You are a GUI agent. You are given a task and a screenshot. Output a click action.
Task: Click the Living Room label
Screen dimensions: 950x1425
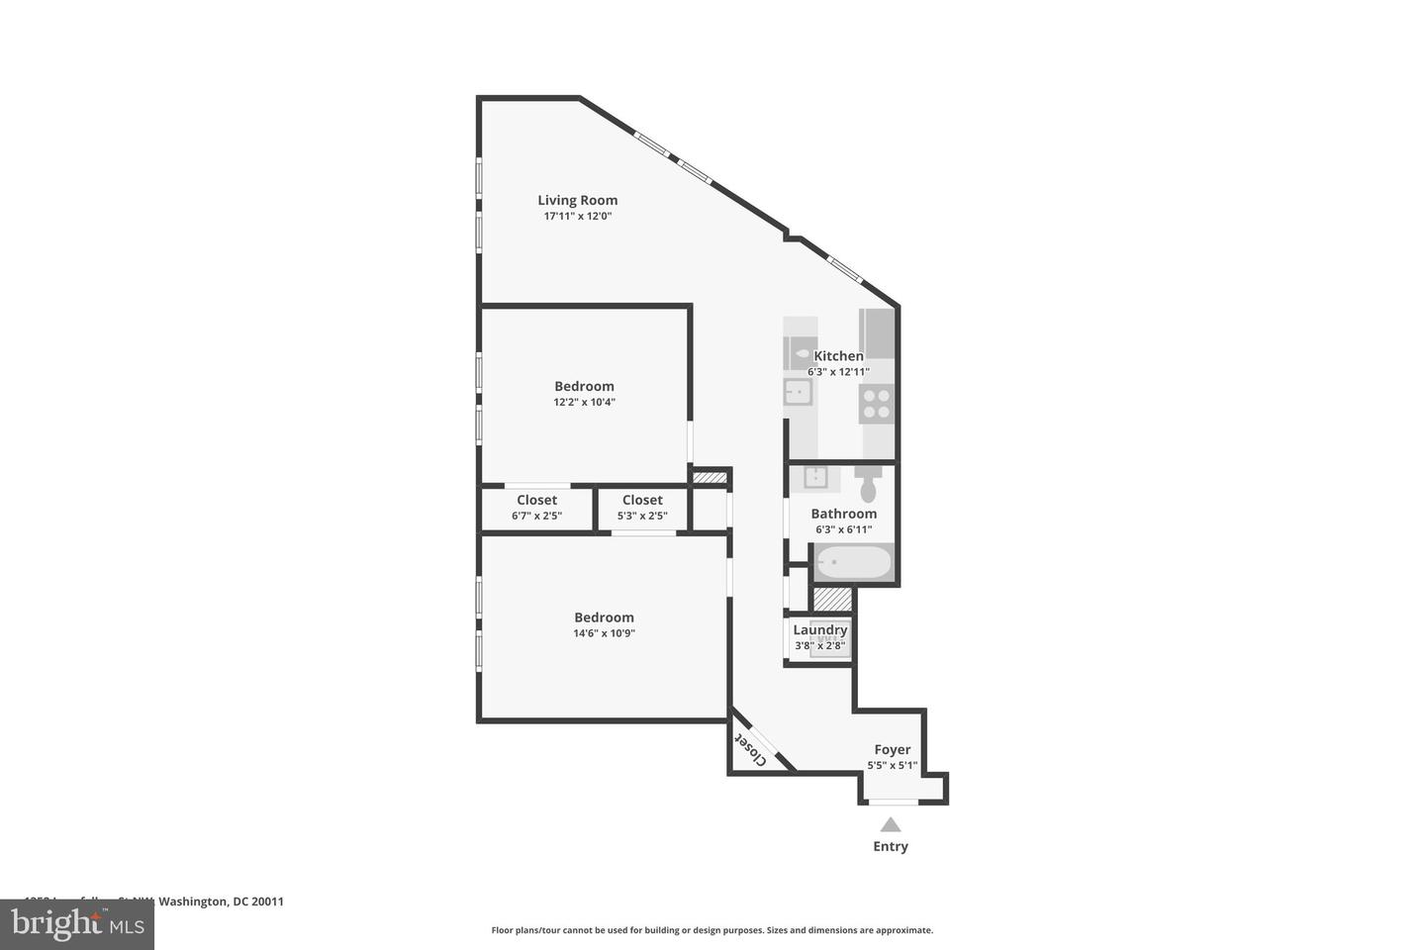[577, 200]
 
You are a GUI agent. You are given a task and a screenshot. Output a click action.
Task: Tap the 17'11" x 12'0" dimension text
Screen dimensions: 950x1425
[577, 216]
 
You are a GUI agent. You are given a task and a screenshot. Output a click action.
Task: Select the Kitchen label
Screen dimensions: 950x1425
[838, 355]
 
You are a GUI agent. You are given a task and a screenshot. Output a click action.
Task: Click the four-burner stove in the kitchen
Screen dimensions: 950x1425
[877, 404]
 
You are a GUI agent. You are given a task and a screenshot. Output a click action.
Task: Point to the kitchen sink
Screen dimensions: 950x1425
[798, 393]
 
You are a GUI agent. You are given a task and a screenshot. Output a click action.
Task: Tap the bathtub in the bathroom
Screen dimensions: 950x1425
[853, 562]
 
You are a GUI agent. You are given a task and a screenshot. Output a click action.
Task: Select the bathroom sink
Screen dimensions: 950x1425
[815, 478]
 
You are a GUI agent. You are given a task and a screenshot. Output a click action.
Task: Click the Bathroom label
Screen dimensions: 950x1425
[843, 514]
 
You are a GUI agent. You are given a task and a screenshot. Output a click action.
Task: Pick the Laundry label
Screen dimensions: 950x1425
[819, 629]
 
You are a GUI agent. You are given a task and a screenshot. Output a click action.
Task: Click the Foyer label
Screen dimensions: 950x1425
[892, 749]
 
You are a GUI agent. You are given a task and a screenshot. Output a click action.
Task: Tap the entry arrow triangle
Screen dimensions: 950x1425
[891, 824]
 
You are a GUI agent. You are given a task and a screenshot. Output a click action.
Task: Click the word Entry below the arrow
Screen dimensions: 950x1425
[891, 846]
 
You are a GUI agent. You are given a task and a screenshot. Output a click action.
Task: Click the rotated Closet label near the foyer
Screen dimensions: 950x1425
[751, 749]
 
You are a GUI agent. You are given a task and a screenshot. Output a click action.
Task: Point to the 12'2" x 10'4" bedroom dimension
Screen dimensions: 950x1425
[584, 402]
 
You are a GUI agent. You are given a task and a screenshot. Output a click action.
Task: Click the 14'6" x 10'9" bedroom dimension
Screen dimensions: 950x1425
[604, 633]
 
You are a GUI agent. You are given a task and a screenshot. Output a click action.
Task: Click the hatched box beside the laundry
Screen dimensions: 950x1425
[832, 600]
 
